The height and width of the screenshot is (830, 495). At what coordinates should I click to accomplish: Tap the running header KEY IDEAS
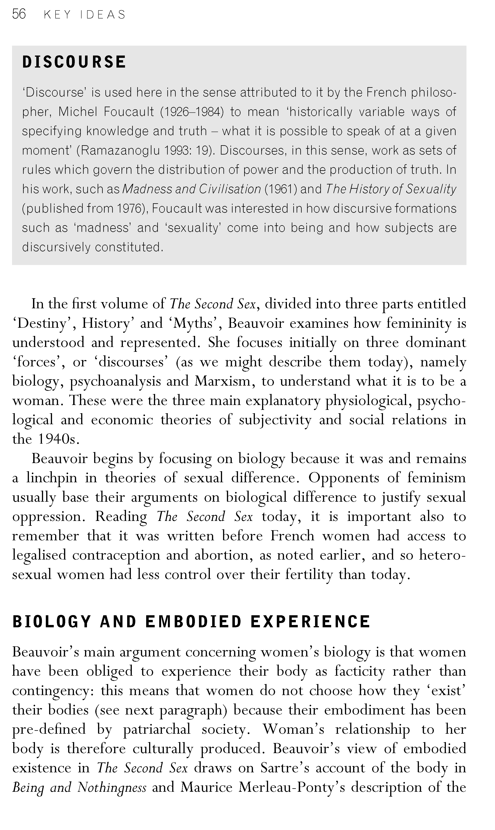click(x=85, y=15)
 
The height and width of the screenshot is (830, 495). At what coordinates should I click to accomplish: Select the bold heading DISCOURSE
click(x=74, y=62)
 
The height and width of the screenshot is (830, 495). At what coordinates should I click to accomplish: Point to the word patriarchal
click(x=157, y=729)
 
